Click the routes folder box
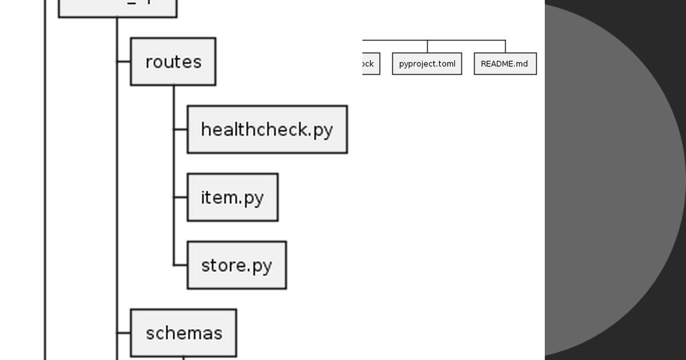point(173,62)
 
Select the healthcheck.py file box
point(267,130)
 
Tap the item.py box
point(233,197)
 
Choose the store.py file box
point(237,265)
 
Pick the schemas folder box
point(184,333)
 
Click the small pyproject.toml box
point(427,64)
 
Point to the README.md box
point(505,64)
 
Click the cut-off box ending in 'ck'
point(370,64)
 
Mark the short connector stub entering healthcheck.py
point(181,130)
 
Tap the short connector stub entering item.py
point(181,197)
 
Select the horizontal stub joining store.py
point(181,265)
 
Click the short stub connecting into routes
point(123,62)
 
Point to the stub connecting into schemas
point(123,333)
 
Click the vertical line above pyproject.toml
point(427,46)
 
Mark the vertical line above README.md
point(505,46)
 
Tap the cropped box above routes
point(118,7)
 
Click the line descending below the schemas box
point(184,358)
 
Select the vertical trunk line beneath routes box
point(174,171)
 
